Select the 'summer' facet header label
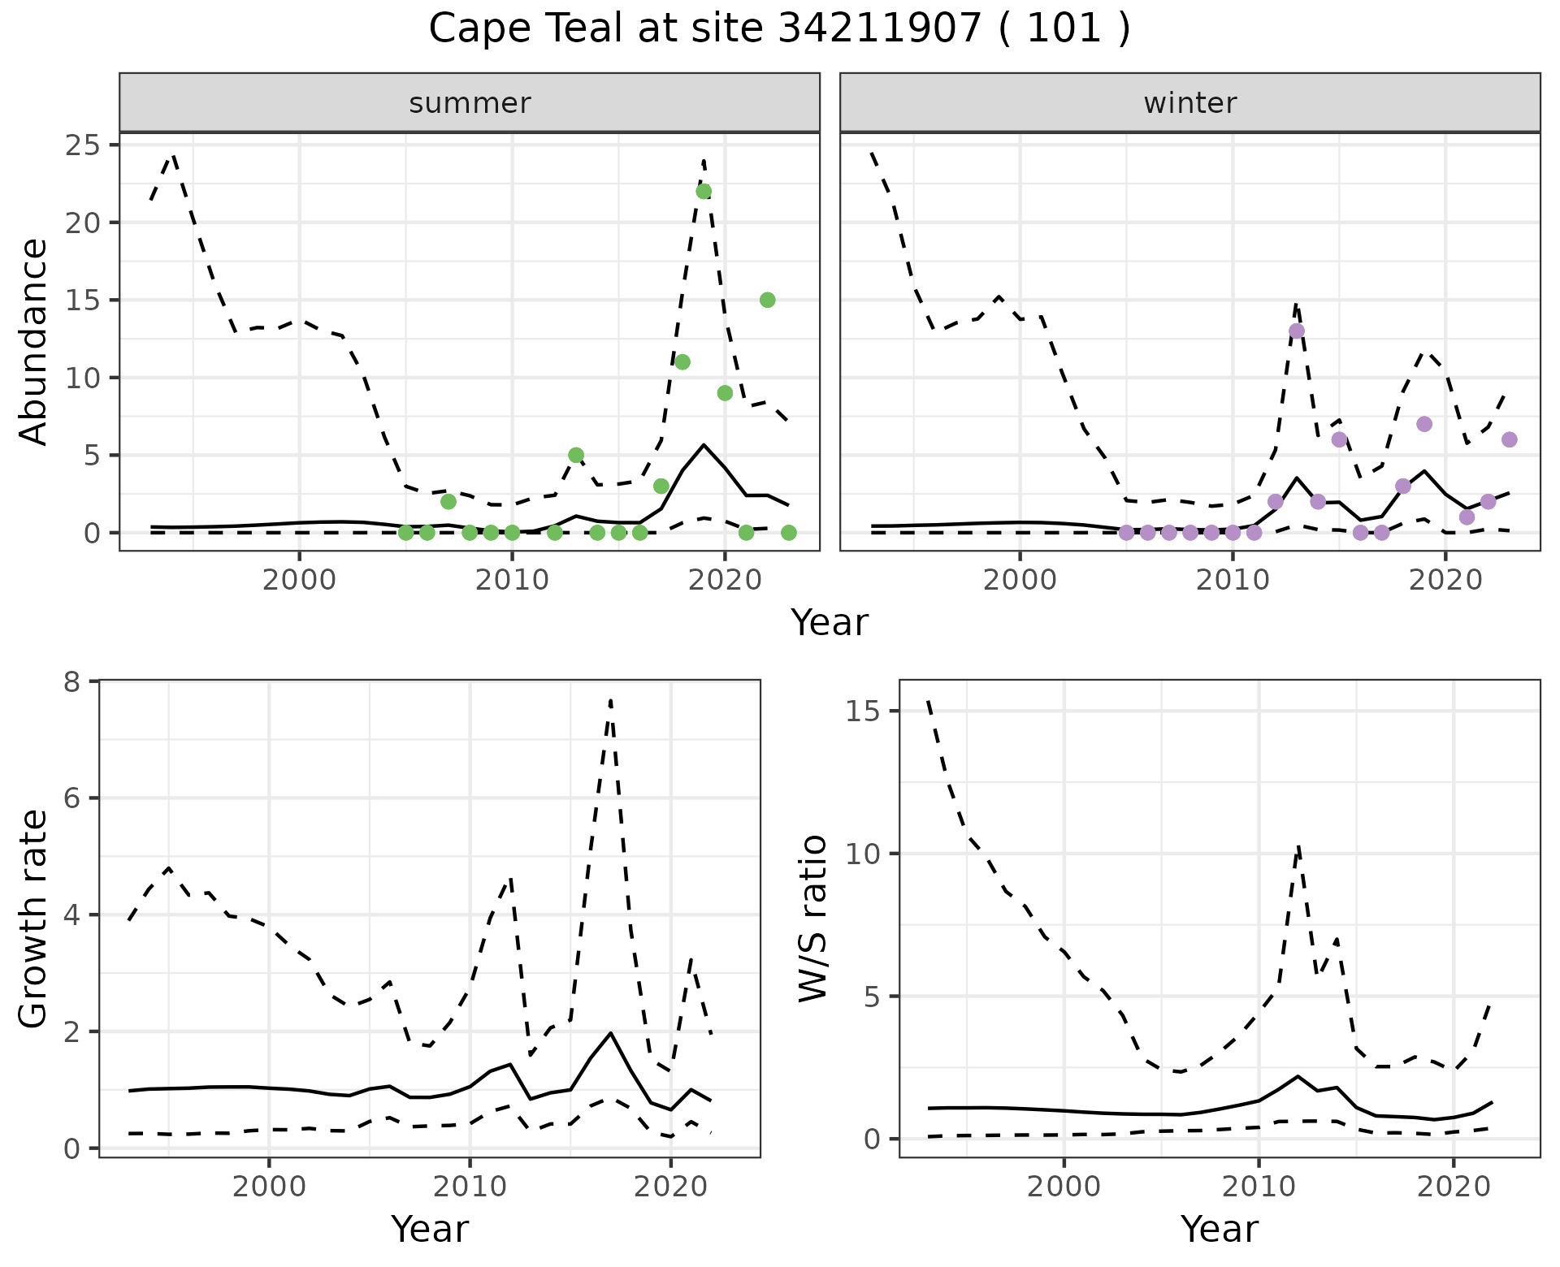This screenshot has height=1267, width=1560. tap(470, 103)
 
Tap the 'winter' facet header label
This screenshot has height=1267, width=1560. tap(1189, 103)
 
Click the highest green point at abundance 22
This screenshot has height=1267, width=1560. tap(704, 192)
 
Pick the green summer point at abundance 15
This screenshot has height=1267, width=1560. tap(767, 300)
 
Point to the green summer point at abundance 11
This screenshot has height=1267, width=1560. tap(682, 362)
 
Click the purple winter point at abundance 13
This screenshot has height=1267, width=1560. tap(1297, 331)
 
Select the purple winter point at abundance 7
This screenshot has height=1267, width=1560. tap(1424, 424)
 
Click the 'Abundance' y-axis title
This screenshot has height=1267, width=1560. tap(34, 342)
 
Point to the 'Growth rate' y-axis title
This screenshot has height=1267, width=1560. tap(34, 919)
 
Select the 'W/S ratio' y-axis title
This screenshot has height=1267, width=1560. tap(812, 919)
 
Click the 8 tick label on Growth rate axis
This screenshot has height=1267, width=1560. tap(73, 681)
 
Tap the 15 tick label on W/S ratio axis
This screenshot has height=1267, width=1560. tap(864, 711)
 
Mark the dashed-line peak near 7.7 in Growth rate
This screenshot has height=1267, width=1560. tap(610, 700)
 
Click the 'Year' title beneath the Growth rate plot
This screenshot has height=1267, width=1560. tap(430, 1229)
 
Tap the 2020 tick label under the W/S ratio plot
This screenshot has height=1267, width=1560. tap(1453, 1187)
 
